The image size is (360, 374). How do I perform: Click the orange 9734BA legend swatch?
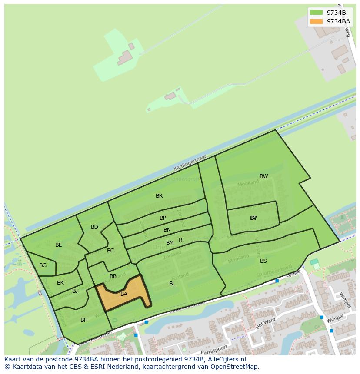(x=316, y=21)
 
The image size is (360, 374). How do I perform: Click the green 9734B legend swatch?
(x=316, y=13)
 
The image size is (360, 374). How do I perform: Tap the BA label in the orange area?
(x=124, y=294)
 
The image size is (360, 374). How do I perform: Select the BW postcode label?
(x=264, y=176)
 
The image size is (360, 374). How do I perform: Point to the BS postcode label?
(x=263, y=261)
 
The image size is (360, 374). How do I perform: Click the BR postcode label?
(x=159, y=196)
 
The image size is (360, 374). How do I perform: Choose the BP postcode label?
(x=163, y=218)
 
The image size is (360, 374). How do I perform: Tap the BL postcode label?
(x=172, y=284)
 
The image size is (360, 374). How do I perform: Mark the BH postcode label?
(x=84, y=320)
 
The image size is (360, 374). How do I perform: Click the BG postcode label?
(x=43, y=265)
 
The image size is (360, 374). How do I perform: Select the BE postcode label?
(x=59, y=245)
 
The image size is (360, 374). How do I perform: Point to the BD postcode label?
(x=94, y=227)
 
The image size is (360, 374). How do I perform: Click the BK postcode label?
(x=60, y=283)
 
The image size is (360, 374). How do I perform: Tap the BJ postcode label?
(x=75, y=291)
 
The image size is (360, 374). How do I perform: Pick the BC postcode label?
(x=110, y=251)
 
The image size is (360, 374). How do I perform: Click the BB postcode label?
(x=113, y=276)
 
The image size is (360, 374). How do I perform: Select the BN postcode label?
(x=167, y=230)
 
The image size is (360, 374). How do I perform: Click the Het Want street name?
(x=266, y=323)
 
